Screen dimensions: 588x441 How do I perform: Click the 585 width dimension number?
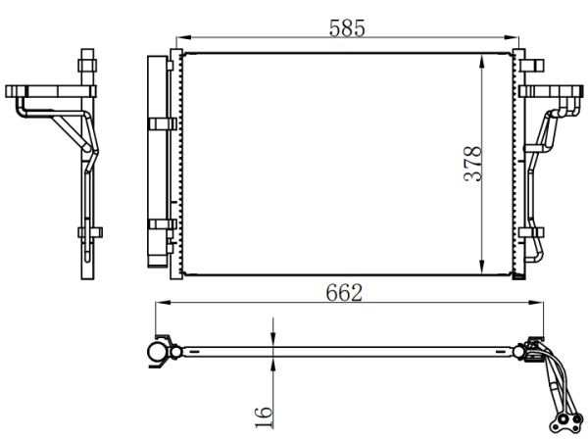click(347, 28)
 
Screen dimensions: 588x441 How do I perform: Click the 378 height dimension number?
click(472, 164)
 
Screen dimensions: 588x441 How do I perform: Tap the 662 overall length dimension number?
click(344, 293)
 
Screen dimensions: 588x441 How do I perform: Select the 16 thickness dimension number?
click(264, 417)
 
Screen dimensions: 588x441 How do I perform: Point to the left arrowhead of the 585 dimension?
click(183, 37)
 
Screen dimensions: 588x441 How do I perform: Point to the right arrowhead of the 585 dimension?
click(512, 37)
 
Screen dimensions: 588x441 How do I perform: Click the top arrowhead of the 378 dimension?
click(482, 61)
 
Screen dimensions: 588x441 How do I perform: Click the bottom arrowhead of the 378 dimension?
click(482, 268)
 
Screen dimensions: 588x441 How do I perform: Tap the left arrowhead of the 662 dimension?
click(163, 302)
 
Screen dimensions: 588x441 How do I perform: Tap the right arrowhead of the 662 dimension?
click(535, 302)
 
